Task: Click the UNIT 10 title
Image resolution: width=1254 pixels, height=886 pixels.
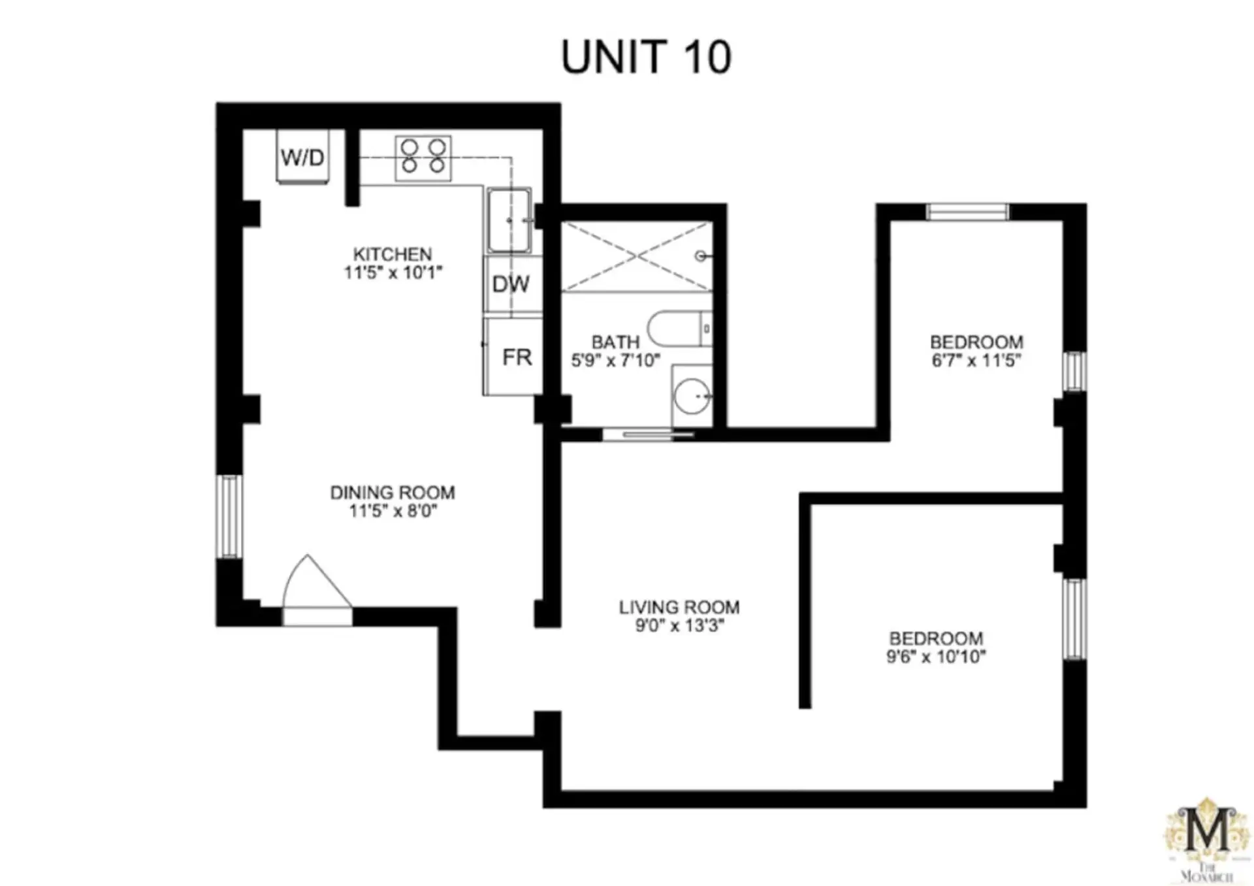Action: (646, 57)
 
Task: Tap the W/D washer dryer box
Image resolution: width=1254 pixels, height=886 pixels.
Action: (302, 157)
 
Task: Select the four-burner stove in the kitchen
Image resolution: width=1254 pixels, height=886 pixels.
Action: (423, 157)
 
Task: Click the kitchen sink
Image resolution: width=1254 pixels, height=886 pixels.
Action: (509, 220)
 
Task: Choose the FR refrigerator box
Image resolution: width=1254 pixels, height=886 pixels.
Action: (514, 356)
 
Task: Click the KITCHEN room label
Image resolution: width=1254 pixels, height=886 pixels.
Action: (393, 254)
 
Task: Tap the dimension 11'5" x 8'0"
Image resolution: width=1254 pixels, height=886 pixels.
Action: (393, 511)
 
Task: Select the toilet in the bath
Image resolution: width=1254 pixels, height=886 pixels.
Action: (680, 329)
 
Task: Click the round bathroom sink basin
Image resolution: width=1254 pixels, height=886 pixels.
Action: (692, 396)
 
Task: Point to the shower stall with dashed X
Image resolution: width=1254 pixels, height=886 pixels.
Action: (637, 256)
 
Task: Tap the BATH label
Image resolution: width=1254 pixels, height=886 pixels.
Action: (615, 342)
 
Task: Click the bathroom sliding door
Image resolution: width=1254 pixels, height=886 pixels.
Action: (649, 435)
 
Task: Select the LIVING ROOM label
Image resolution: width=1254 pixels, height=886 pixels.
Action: (679, 607)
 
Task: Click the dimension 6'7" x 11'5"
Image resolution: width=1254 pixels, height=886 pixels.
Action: (976, 360)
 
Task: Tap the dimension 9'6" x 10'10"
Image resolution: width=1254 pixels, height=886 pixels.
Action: (936, 657)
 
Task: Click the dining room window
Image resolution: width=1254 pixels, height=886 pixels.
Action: (229, 516)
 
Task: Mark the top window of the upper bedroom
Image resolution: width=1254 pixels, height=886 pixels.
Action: (967, 212)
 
